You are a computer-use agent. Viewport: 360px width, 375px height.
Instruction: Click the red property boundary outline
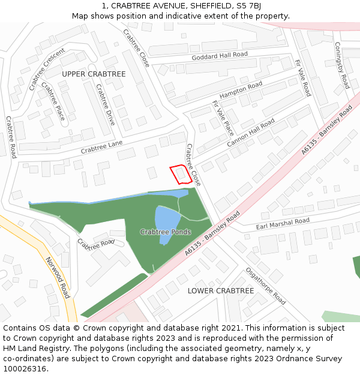[x=181, y=174]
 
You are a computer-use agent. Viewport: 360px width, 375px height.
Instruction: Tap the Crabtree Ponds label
[x=166, y=232]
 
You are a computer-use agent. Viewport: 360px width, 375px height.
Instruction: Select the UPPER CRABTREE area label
[x=94, y=74]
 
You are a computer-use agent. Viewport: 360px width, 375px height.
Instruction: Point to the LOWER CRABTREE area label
[x=221, y=290]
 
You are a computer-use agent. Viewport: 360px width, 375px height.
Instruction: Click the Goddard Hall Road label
[x=220, y=56]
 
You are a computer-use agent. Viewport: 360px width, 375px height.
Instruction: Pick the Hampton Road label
[x=241, y=90]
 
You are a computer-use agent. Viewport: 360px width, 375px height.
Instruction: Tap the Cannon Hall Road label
[x=251, y=133]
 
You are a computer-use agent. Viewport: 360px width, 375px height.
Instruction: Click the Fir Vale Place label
[x=223, y=118]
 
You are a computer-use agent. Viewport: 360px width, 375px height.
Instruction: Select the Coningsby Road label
[x=341, y=65]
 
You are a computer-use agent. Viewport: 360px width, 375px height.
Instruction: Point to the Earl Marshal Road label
[x=283, y=224]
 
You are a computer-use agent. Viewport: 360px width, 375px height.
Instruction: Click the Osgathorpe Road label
[x=265, y=286]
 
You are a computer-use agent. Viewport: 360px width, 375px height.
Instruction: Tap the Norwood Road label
[x=58, y=277]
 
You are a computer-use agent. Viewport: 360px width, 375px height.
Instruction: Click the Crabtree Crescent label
[x=46, y=69]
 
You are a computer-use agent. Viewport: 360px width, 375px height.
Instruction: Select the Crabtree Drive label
[x=105, y=104]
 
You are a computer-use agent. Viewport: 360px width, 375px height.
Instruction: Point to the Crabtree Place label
[x=53, y=100]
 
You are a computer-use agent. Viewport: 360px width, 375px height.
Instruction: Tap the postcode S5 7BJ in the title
[x=247, y=5]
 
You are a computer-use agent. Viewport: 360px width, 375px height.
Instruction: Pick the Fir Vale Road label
[x=302, y=78]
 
